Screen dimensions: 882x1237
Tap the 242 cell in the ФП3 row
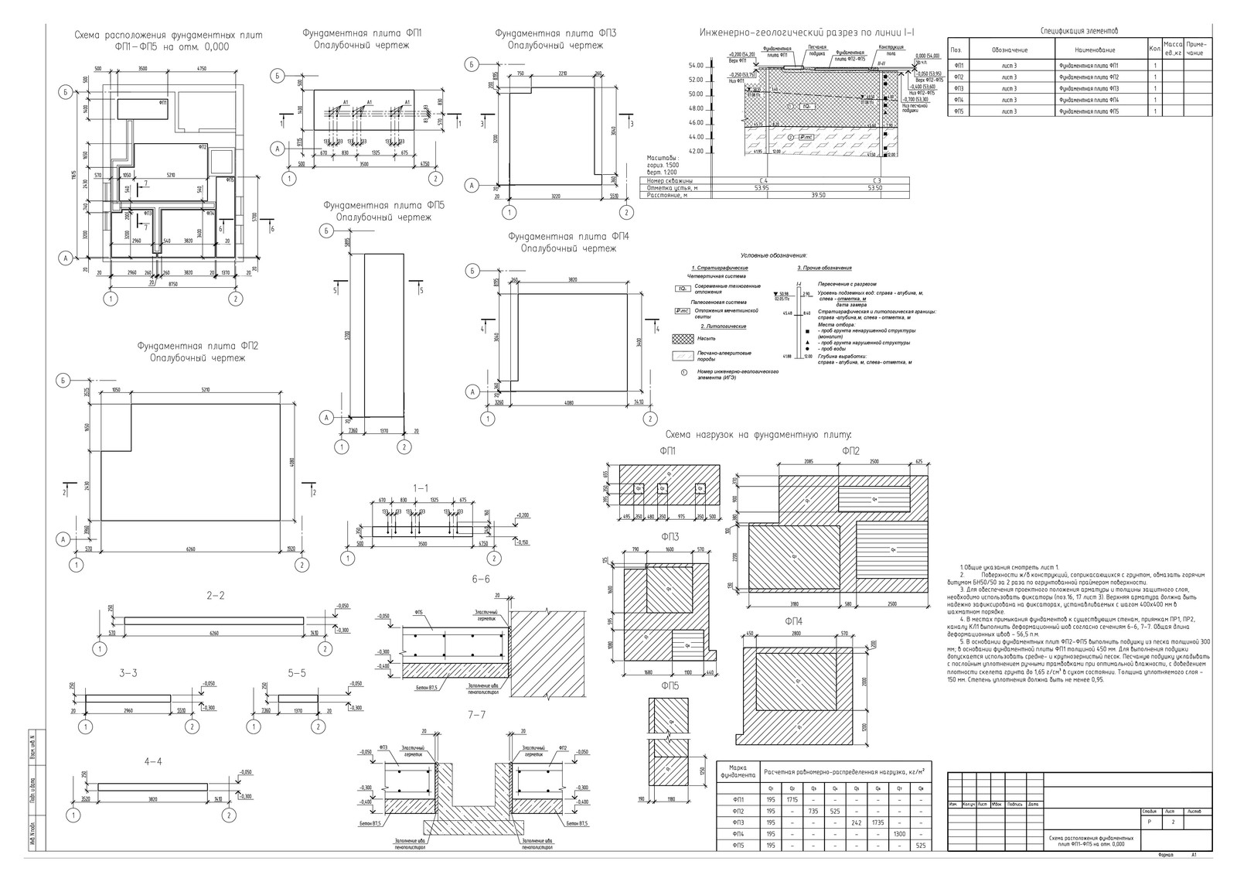(856, 822)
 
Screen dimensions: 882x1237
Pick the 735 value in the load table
(813, 811)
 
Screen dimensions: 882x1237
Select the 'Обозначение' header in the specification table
(1009, 50)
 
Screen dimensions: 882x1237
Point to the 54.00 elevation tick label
(695, 66)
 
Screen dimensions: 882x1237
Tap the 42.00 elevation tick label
(695, 152)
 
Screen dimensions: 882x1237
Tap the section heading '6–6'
(479, 579)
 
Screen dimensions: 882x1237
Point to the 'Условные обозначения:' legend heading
(773, 255)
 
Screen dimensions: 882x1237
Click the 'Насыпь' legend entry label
(707, 338)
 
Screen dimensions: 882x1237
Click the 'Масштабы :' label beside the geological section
(662, 157)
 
